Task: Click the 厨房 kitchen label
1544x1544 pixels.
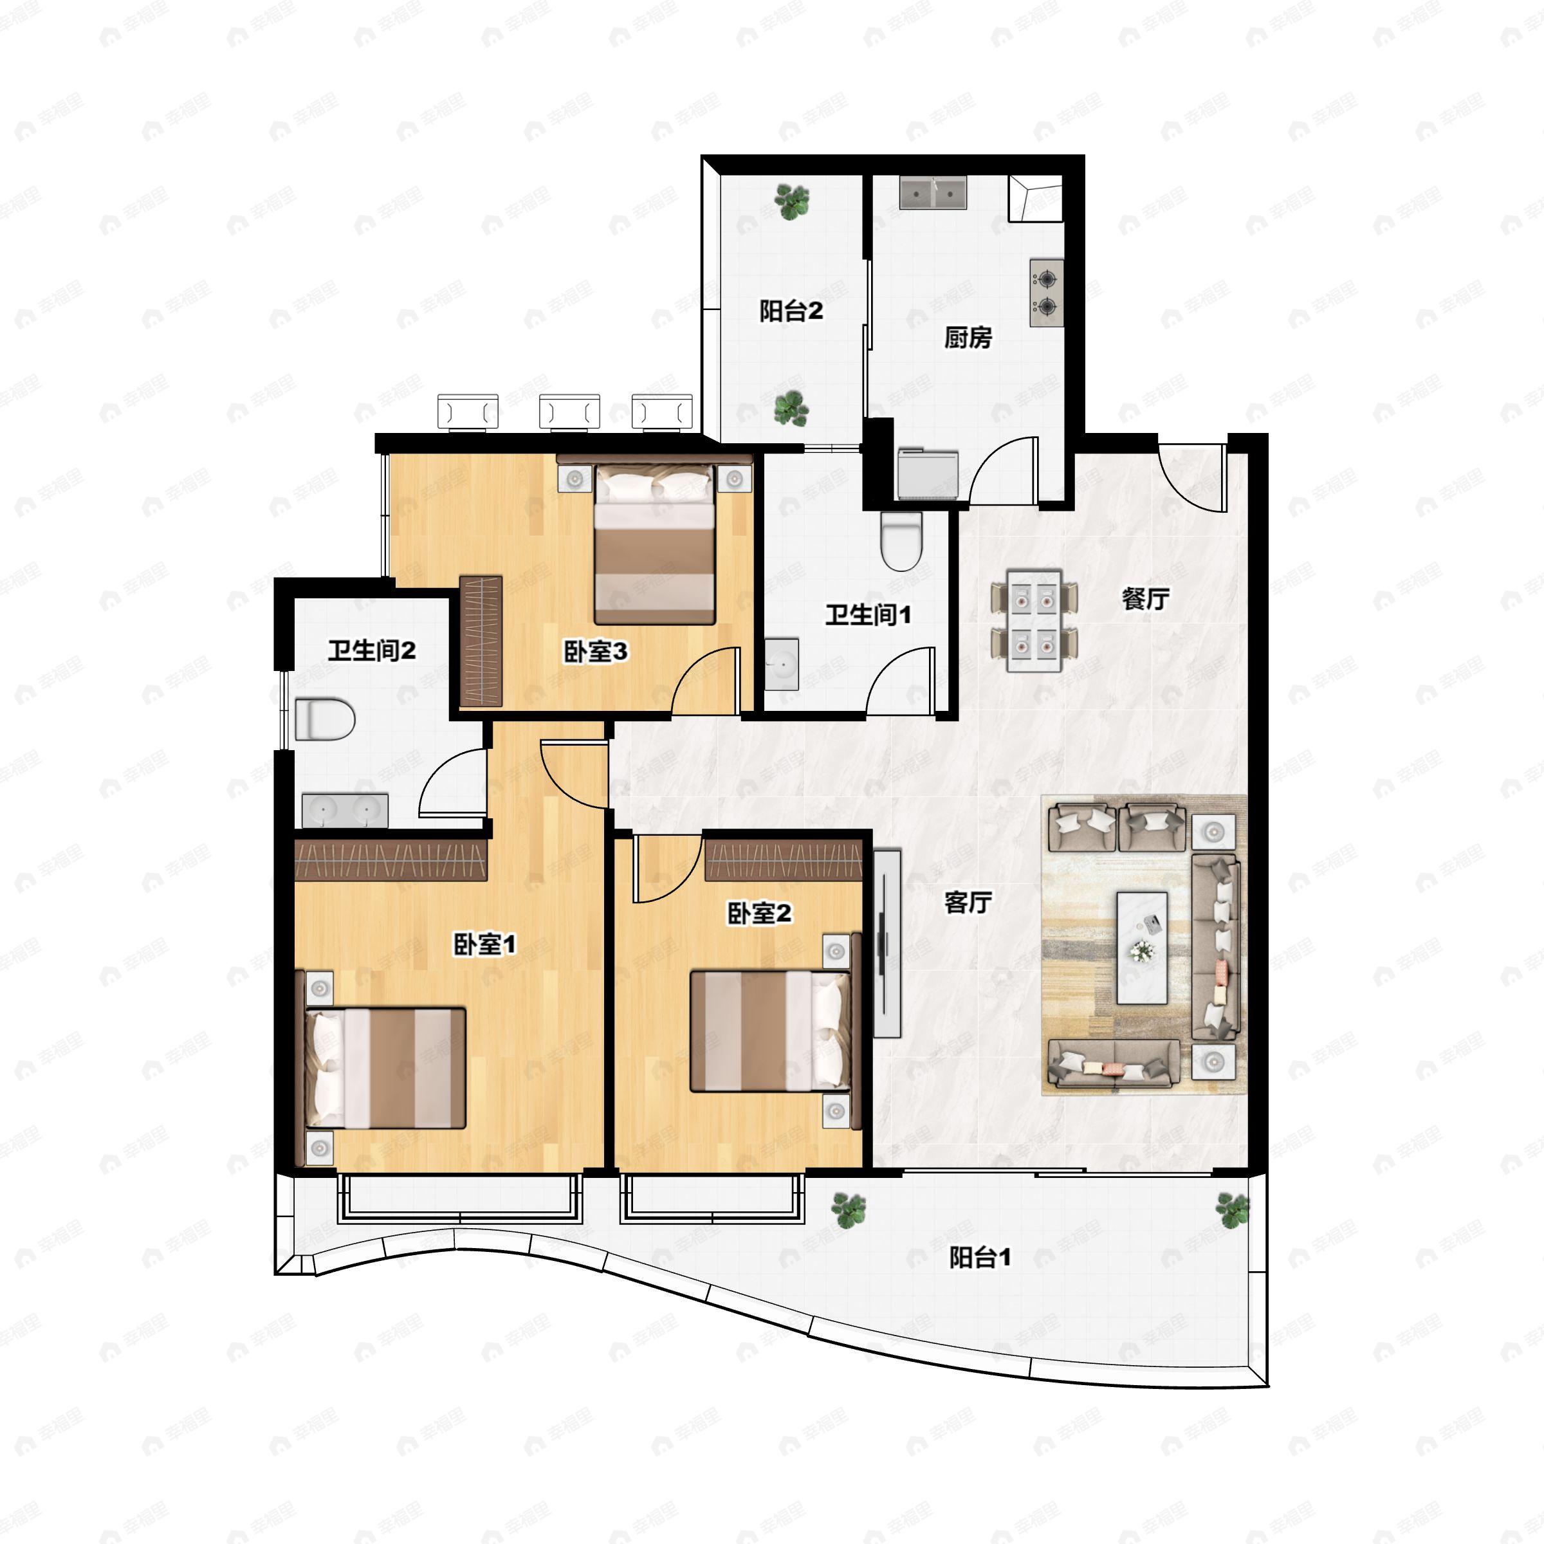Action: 968,338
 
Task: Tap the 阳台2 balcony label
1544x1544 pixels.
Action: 791,311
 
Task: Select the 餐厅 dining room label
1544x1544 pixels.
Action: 1145,598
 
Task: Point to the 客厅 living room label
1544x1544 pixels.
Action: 968,902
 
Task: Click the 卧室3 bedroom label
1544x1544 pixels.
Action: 595,651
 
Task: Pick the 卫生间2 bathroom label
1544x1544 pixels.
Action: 372,650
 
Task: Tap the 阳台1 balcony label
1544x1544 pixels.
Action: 980,1257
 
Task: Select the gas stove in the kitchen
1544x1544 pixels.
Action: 1046,293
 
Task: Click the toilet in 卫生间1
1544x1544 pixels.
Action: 901,541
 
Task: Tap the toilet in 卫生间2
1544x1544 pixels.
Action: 324,719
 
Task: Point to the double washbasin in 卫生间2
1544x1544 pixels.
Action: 344,811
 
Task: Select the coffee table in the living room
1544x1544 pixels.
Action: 1142,947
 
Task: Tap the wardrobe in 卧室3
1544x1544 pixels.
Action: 481,641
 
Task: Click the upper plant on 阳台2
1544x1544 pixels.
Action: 792,201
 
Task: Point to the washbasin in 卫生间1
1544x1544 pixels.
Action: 782,664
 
